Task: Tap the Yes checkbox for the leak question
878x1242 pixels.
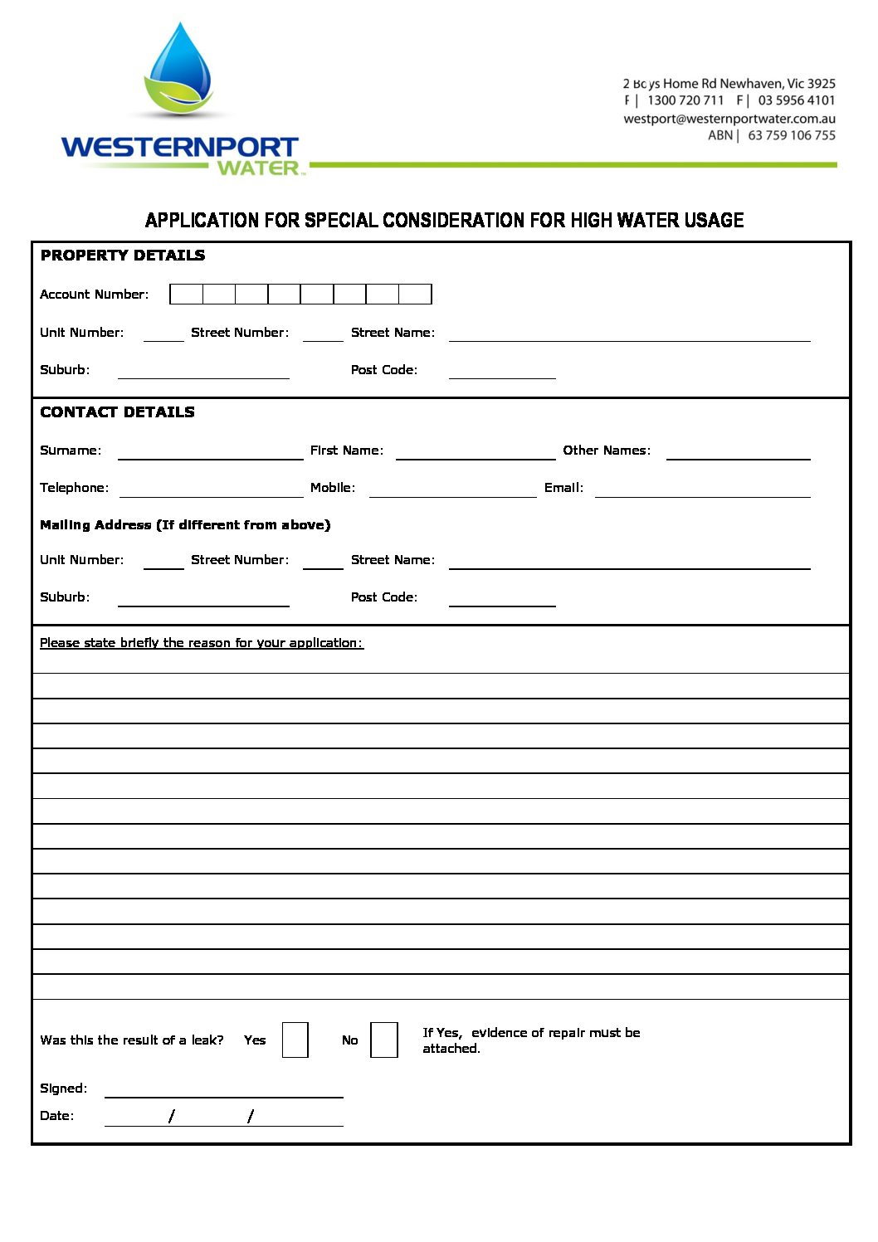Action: click(295, 1040)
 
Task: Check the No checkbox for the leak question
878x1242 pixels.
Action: click(383, 1040)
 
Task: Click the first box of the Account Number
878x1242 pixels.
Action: click(186, 294)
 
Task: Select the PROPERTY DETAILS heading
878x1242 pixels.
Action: click(123, 256)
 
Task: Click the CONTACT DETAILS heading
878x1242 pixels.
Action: click(117, 412)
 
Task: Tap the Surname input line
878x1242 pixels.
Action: click(210, 452)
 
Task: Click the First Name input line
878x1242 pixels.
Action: click(475, 452)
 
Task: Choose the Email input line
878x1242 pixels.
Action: click(702, 489)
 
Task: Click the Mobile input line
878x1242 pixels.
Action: click(452, 489)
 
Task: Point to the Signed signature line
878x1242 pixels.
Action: click(223, 1089)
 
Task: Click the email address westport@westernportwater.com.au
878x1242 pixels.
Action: click(729, 119)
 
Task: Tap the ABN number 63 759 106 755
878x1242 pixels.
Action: click(791, 135)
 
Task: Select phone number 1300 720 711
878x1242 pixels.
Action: click(685, 100)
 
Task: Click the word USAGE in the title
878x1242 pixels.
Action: click(713, 220)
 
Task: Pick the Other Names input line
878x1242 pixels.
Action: click(738, 452)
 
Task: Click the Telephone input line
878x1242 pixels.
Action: click(211, 489)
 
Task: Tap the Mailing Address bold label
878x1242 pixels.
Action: click(185, 525)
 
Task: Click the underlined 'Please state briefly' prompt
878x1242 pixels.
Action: click(202, 643)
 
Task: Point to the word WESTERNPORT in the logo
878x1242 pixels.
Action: click(179, 148)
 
